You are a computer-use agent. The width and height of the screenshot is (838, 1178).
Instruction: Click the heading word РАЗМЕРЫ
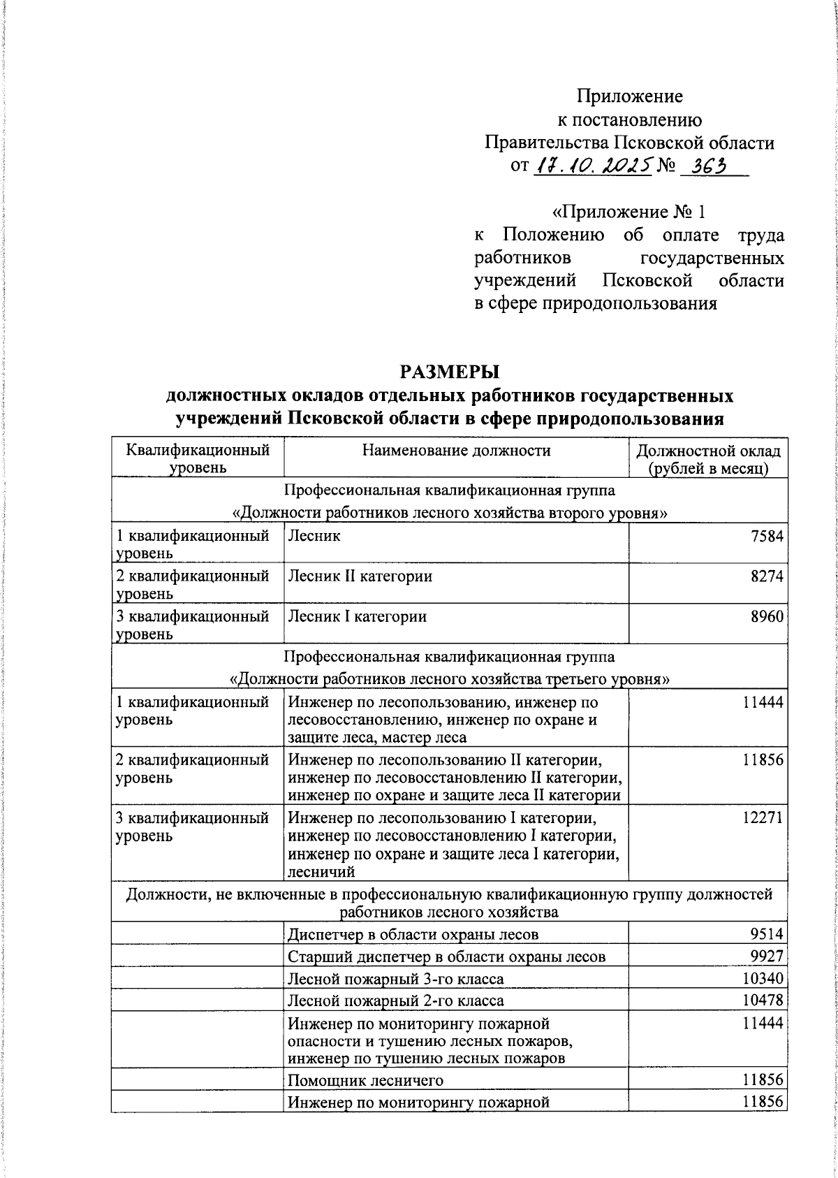(x=450, y=371)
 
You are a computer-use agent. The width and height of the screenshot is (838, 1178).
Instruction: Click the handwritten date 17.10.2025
(x=593, y=166)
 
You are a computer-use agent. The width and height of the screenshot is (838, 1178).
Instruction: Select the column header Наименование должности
(x=456, y=451)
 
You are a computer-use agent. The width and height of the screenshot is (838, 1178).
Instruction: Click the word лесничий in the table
(x=321, y=871)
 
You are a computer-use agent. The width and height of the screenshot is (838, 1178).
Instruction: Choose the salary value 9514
(x=766, y=934)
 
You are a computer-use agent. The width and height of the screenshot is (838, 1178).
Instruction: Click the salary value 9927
(x=766, y=957)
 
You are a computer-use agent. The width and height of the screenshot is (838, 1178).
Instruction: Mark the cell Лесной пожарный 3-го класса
(x=395, y=979)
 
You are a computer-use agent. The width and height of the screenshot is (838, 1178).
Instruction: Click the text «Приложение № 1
(x=629, y=210)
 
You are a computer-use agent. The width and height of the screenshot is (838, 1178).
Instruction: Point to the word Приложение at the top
(x=629, y=96)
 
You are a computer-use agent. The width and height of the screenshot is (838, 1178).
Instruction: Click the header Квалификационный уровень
(x=198, y=458)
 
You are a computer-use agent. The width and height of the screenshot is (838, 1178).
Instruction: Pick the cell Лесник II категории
(x=360, y=576)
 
